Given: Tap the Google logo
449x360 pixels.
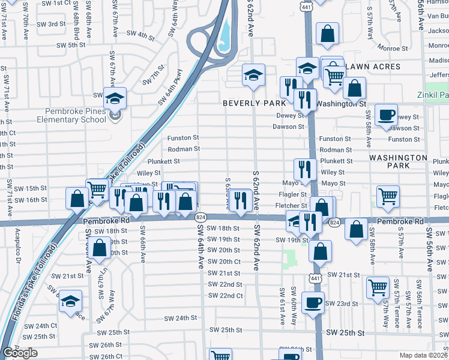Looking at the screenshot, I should pyautogui.click(x=20, y=352).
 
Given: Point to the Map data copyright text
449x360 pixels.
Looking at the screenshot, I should pyautogui.click(x=424, y=355).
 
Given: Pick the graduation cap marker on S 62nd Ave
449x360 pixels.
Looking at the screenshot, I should pyautogui.click(x=253, y=74).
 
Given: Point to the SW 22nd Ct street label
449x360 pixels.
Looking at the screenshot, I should pyautogui.click(x=225, y=296).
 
